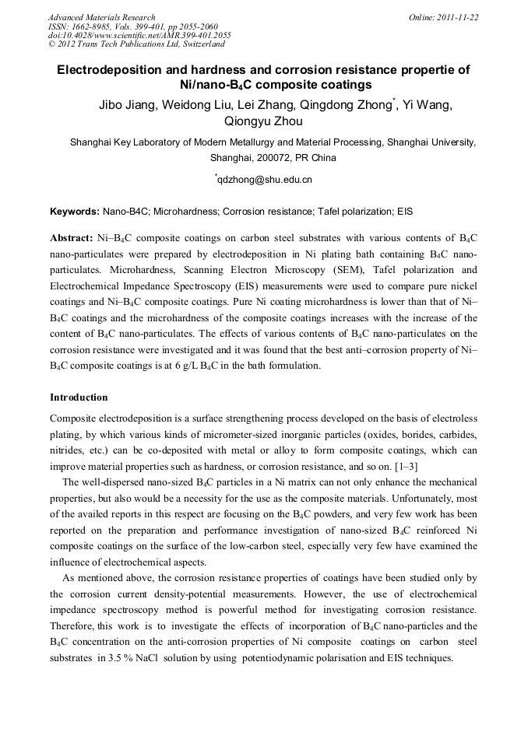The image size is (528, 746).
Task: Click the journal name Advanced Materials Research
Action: [x=101, y=17]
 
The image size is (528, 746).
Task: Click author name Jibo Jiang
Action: [x=125, y=106]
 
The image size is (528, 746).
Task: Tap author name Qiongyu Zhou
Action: [x=263, y=121]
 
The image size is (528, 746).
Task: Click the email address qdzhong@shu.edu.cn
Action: [x=265, y=180]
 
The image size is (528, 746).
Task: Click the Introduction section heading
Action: [x=79, y=398]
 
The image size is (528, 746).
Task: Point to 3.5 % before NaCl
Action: [x=119, y=657]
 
